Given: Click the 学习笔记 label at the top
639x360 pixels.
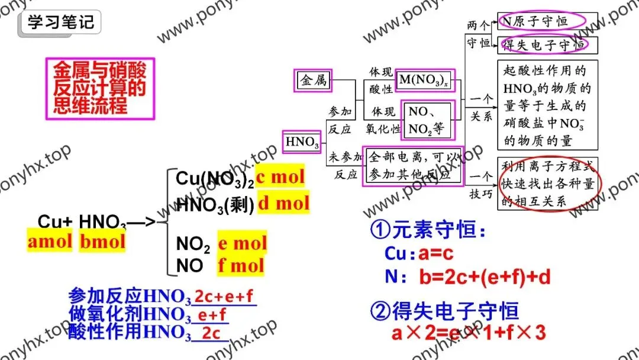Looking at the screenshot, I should coord(60,23).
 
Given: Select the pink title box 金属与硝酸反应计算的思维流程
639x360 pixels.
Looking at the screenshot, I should coord(99,89).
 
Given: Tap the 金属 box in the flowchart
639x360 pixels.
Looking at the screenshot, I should coord(314,81).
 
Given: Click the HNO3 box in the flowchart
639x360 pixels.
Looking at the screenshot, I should coord(302,142).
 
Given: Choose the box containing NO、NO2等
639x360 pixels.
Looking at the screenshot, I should coord(428,120).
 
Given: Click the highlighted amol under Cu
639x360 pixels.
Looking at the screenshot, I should coord(50,242).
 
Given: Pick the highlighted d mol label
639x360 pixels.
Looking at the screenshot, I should coord(283,204).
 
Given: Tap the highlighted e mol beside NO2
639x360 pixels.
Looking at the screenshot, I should coord(242,243).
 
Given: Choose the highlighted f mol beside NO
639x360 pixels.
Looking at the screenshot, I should coord(240,265).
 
